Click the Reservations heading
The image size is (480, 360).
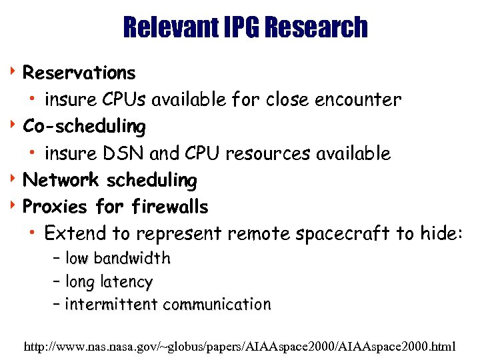pos(79,72)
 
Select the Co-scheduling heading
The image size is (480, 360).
pos(84,126)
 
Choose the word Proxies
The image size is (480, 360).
pos(55,207)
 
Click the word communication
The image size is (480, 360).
pos(217,305)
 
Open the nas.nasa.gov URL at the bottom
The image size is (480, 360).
pos(239,347)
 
